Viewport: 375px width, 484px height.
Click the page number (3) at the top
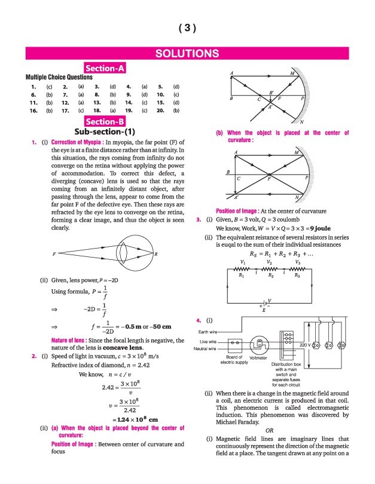coord(187,28)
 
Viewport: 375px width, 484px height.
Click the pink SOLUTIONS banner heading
coord(187,54)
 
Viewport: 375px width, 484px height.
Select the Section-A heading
coord(105,68)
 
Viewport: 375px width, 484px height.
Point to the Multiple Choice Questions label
coord(59,77)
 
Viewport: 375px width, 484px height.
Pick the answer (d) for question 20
coord(176,111)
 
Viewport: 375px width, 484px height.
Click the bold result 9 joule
coord(313,228)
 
